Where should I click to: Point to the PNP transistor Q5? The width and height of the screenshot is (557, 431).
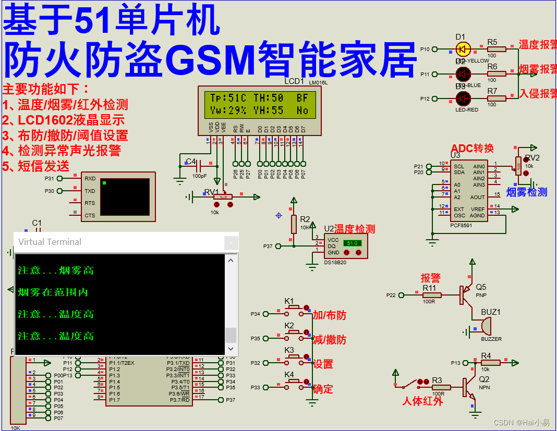[465, 295]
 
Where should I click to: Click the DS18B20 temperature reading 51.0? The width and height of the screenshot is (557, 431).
[352, 243]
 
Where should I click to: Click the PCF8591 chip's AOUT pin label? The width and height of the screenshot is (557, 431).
[477, 197]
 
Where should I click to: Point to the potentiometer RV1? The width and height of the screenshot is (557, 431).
[223, 196]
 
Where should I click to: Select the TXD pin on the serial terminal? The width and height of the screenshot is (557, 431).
[90, 191]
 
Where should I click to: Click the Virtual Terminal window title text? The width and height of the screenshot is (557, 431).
[50, 242]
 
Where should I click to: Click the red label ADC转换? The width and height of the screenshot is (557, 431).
[472, 148]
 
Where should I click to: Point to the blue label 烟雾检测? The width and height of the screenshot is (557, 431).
[527, 192]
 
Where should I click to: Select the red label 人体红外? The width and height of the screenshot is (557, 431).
[422, 401]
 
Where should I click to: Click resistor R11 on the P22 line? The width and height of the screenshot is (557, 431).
[432, 295]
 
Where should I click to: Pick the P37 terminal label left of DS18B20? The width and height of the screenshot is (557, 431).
[268, 246]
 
